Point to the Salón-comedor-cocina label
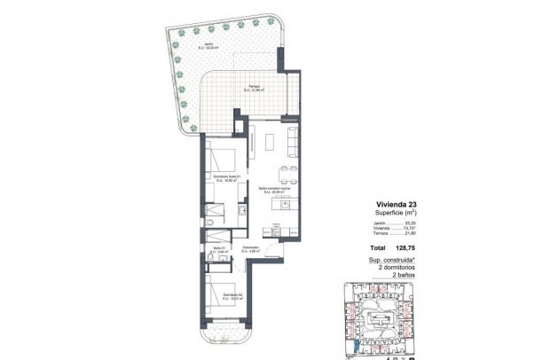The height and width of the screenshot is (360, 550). (271, 190)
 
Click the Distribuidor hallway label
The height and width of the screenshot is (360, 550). (250, 249)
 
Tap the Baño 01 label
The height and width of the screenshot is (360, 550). (220, 249)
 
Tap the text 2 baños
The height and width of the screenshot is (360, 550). (405, 276)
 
